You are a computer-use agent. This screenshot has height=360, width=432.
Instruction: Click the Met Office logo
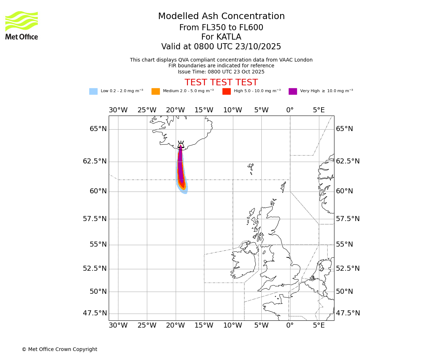coord(22,25)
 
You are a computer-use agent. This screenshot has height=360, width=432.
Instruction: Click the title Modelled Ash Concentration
coord(221,17)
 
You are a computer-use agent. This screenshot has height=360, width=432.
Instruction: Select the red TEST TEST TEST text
coord(221,82)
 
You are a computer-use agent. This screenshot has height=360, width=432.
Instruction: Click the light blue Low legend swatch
coord(93,91)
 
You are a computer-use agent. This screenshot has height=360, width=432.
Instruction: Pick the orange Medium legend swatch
coord(156,91)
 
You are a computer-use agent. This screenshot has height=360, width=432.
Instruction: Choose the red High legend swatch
coord(226,91)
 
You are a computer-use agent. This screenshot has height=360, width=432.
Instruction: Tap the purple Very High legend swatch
coord(293,91)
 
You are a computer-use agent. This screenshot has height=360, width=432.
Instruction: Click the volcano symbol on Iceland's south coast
coord(181,144)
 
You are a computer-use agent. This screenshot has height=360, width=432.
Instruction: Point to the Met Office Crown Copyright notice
coord(59,349)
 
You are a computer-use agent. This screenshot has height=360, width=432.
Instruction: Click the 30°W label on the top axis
coord(118,110)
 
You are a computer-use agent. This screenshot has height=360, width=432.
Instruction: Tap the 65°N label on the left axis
coord(98,129)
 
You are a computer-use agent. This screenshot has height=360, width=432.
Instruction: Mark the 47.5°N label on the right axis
coord(348,313)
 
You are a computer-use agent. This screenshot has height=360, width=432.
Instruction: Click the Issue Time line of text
coord(221,72)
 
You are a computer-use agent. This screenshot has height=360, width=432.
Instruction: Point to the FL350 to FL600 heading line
coord(221,28)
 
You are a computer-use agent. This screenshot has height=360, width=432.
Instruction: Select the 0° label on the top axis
coord(290,110)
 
